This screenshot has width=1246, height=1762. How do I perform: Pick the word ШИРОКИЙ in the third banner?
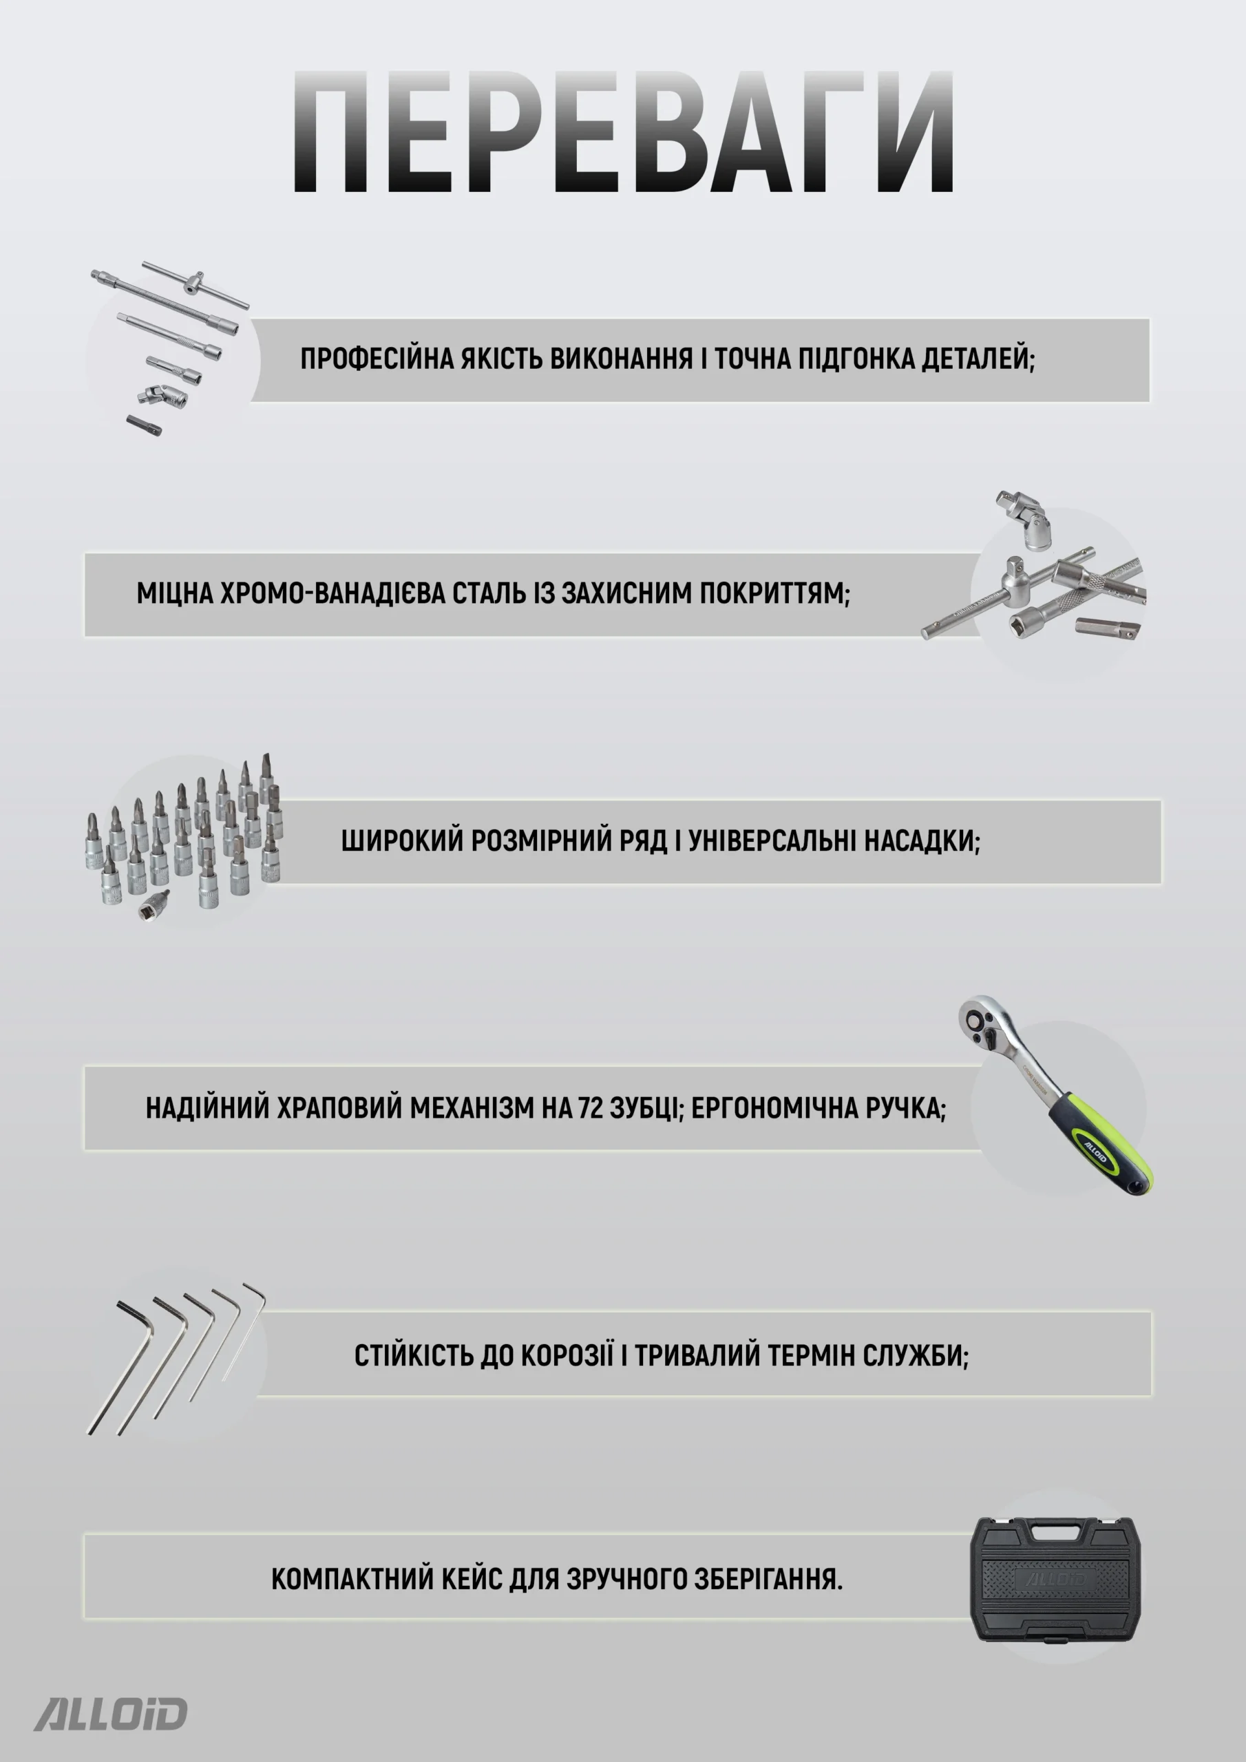click(x=402, y=841)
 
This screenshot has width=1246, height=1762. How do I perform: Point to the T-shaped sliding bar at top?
click(x=195, y=285)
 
